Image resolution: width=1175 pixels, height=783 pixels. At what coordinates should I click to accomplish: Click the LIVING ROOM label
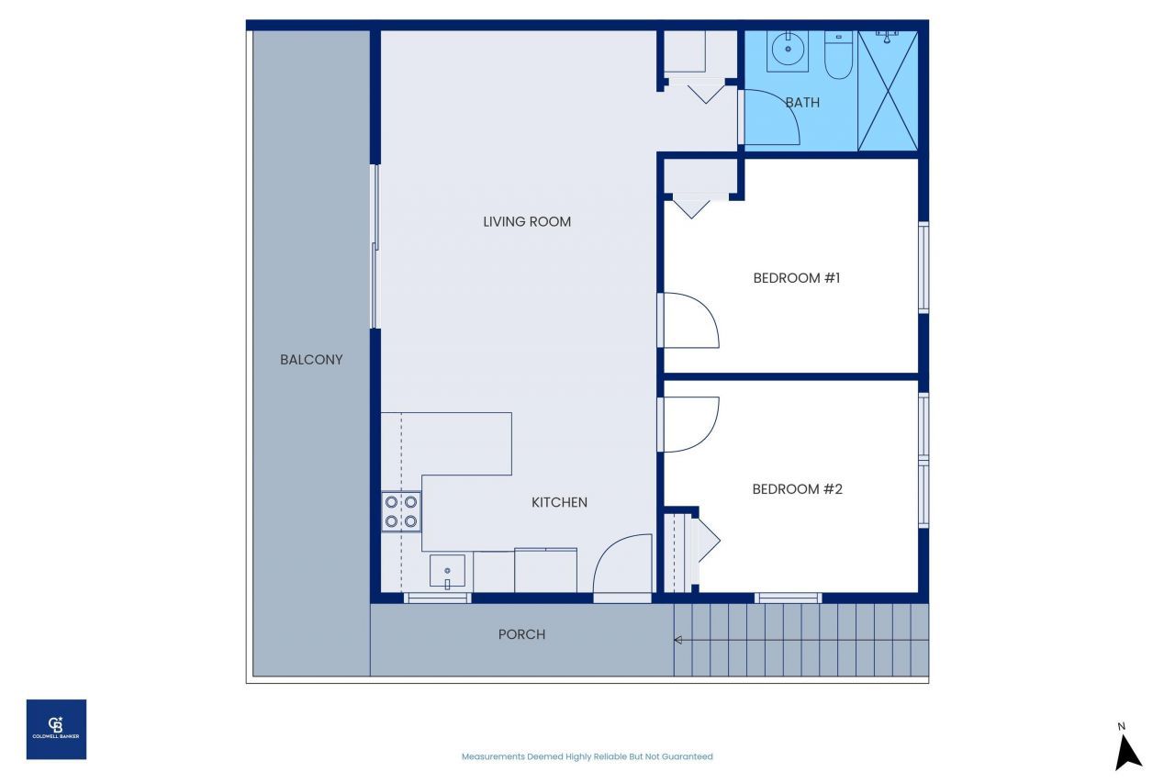pos(527,221)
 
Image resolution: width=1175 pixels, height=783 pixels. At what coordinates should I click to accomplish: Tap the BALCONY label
pos(311,360)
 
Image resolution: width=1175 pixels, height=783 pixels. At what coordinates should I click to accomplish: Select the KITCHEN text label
pos(559,502)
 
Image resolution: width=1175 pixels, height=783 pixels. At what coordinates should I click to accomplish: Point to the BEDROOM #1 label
pos(797,277)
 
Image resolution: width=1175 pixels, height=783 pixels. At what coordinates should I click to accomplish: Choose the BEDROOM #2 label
pos(797,488)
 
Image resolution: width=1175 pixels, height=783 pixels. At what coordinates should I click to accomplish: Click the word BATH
pos(802,103)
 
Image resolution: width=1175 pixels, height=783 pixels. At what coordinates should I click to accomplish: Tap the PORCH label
pos(521,634)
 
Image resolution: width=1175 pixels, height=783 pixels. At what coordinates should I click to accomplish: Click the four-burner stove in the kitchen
pos(401,511)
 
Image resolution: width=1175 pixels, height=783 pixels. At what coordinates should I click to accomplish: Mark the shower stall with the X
pos(887,90)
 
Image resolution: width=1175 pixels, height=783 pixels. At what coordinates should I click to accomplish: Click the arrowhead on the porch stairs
pos(678,640)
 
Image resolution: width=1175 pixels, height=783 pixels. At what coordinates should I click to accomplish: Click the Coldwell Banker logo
pos(56,729)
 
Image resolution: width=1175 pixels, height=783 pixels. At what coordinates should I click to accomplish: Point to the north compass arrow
pos(1127,748)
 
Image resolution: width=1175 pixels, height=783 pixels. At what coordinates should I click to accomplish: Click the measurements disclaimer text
pos(587,756)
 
